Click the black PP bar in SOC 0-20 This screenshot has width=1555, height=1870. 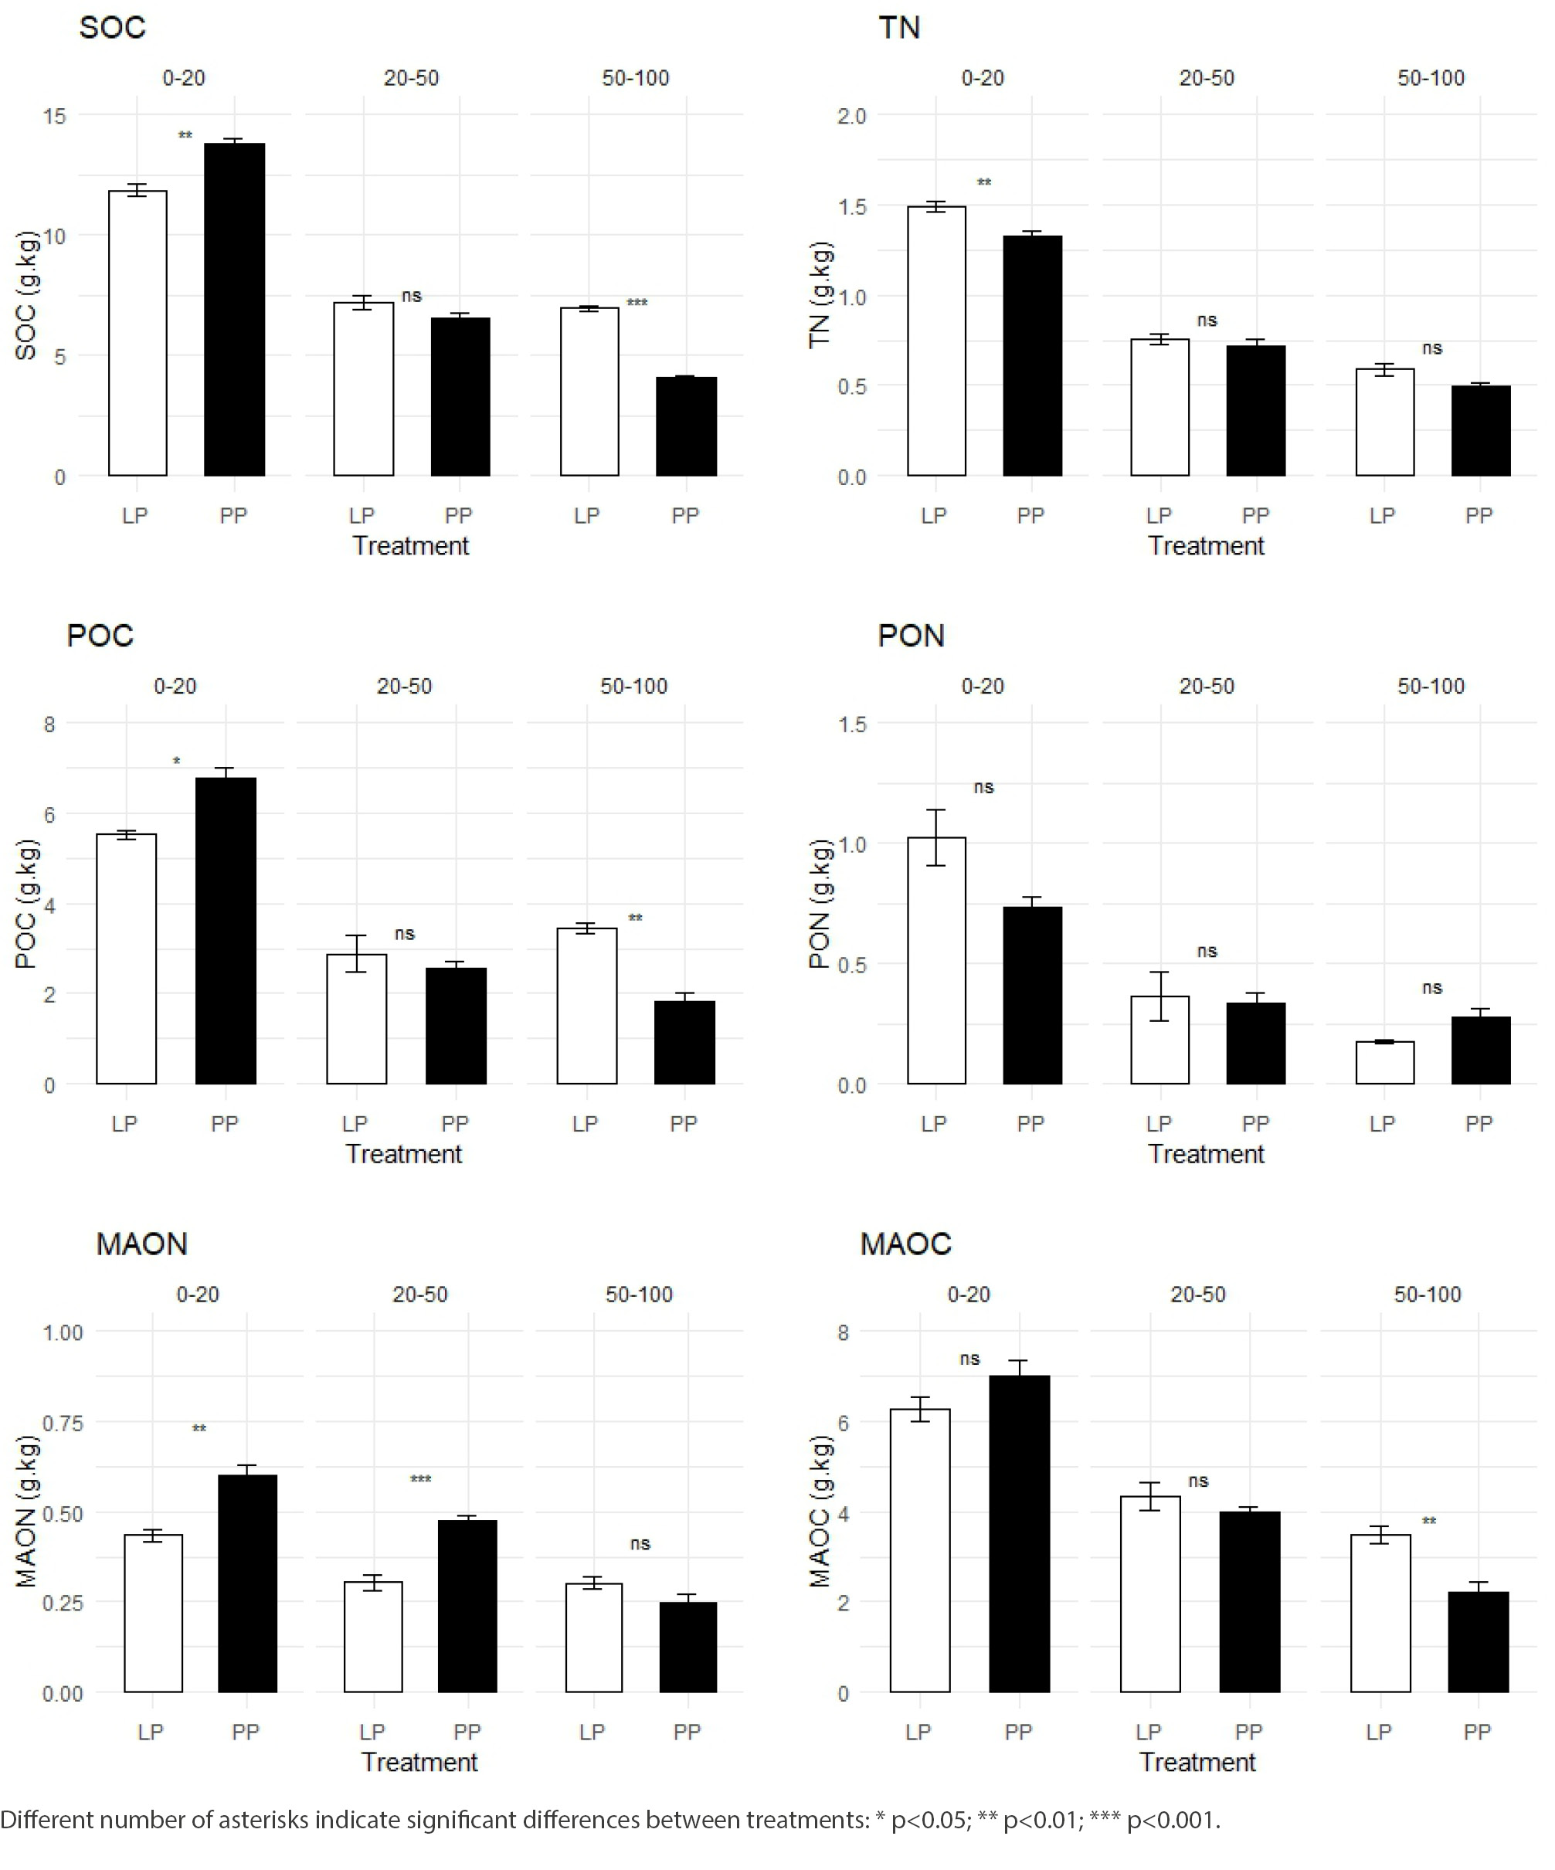point(234,309)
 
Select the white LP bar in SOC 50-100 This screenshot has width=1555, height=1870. point(589,392)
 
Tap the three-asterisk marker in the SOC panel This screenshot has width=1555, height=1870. point(637,303)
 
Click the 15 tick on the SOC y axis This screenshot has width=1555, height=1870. point(54,116)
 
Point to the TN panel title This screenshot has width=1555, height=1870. point(898,28)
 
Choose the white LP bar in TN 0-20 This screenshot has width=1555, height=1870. point(936,341)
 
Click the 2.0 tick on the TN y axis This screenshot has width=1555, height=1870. point(851,116)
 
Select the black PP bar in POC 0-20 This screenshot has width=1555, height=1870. point(226,931)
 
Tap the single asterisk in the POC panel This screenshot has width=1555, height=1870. point(176,762)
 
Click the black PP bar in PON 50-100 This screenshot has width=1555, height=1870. point(1480,1050)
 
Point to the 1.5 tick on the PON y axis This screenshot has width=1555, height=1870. point(851,724)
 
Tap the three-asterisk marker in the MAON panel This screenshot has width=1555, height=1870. point(420,1479)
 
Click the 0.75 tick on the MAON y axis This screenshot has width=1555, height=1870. point(63,1423)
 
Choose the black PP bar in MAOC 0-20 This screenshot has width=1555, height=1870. point(1019,1533)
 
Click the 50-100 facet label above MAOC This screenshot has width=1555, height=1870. point(1427,1295)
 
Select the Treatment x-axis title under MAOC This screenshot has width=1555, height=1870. point(1197,1763)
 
